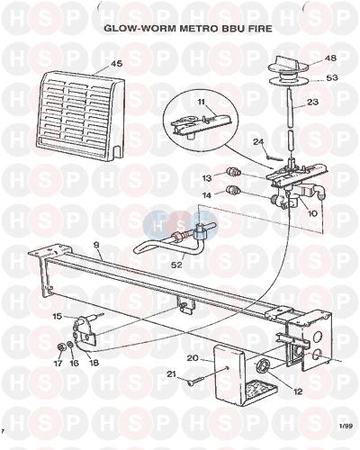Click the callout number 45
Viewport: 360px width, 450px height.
(117, 64)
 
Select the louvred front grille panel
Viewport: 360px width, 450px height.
(81, 115)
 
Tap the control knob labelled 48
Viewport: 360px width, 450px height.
(286, 64)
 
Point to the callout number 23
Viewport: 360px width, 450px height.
(312, 102)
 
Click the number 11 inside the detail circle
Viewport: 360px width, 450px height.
(201, 102)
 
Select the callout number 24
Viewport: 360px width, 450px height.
(258, 141)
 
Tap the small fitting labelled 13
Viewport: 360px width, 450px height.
(231, 172)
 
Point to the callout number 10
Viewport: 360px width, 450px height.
(312, 213)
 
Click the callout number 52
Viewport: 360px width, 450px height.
(177, 265)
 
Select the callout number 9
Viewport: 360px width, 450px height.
(96, 245)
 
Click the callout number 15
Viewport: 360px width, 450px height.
(58, 316)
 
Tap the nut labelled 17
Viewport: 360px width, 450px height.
(59, 347)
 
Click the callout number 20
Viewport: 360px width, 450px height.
(193, 358)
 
